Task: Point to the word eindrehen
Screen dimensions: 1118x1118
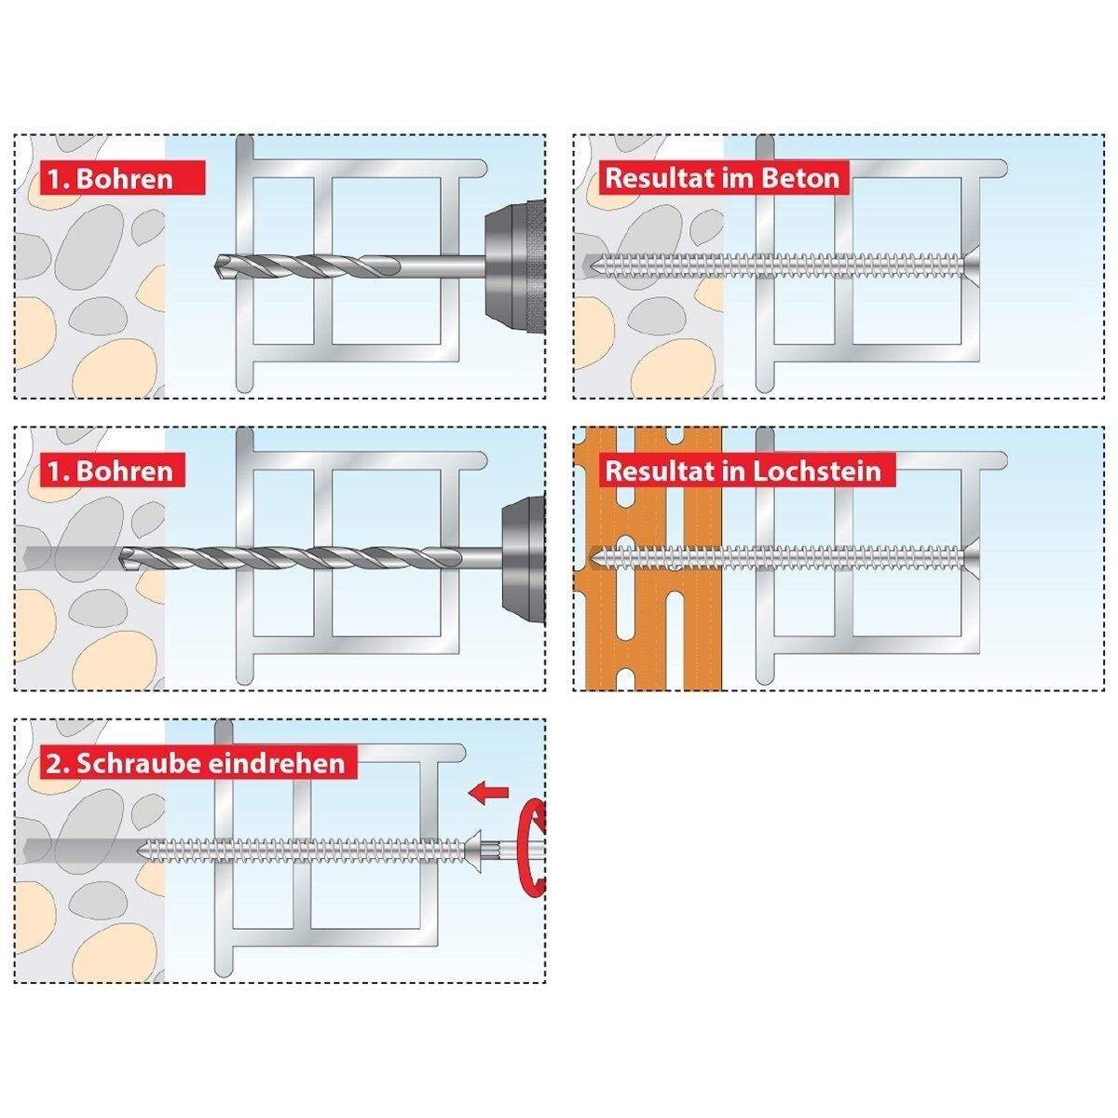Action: coord(276,764)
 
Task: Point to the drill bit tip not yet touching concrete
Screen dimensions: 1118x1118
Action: coord(216,266)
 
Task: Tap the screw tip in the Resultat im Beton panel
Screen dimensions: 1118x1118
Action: coord(591,266)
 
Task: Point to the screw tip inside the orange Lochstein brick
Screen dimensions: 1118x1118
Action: coord(593,559)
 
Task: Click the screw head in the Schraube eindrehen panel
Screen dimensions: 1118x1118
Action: coord(471,852)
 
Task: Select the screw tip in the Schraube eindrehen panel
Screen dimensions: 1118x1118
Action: coord(140,852)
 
